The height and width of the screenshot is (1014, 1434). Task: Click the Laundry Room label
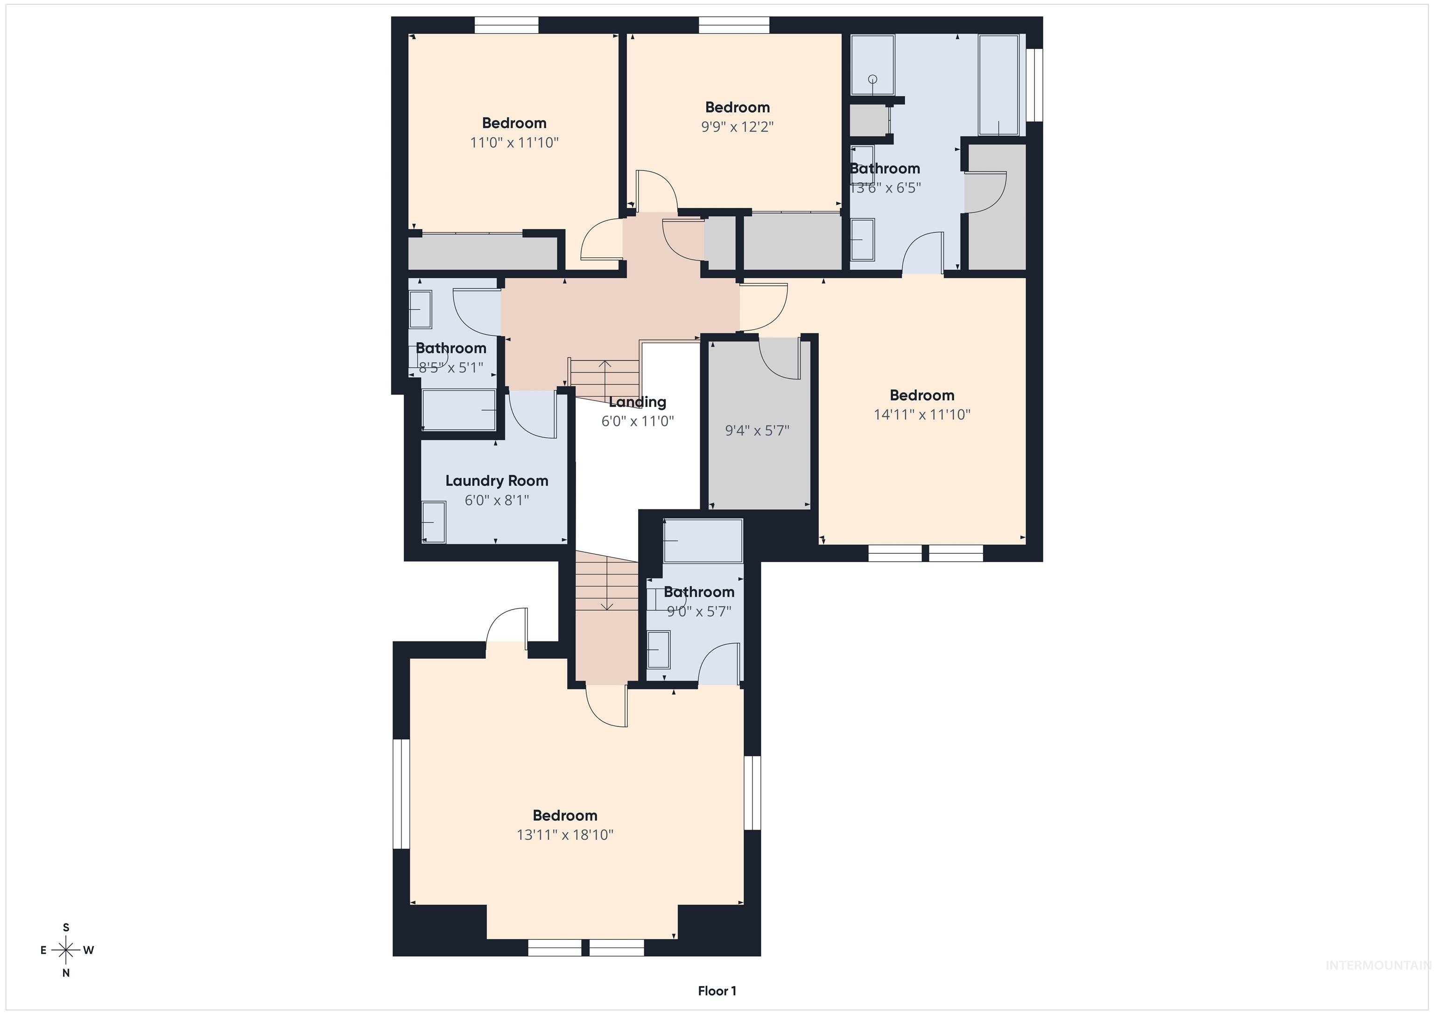coord(497,480)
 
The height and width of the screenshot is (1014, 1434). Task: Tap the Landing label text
coord(637,402)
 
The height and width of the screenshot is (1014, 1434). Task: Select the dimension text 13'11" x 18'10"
coord(565,835)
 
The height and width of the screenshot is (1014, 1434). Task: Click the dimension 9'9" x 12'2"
coord(737,127)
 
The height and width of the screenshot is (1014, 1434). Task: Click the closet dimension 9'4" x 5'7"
coord(757,430)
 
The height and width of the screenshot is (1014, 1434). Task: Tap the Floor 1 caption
coord(717,991)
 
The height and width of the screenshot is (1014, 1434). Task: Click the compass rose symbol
coord(65,950)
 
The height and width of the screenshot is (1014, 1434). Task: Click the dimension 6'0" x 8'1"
coord(497,500)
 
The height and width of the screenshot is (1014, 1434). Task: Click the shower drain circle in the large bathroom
coord(872,79)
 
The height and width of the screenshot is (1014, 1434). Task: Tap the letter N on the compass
coord(65,973)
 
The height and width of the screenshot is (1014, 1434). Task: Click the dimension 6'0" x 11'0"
coord(637,421)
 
